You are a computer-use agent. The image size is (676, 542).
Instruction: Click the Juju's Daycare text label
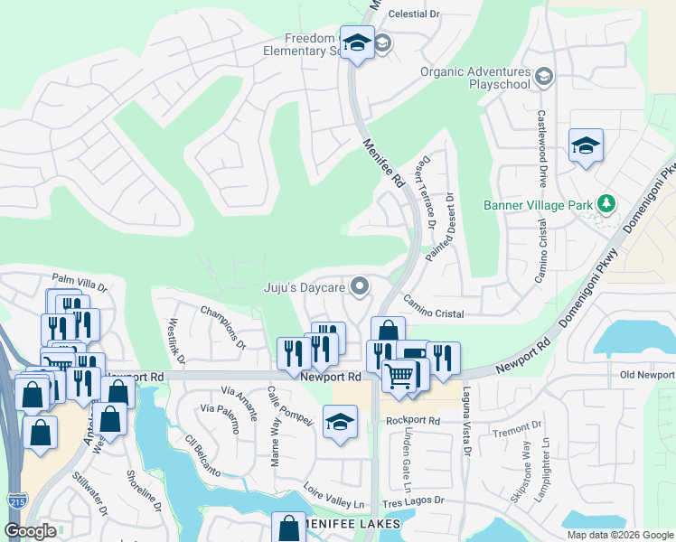[x=305, y=288]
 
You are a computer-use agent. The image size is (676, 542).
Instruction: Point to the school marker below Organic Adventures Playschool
[x=586, y=145]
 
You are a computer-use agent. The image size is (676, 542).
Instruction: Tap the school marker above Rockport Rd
[x=340, y=423]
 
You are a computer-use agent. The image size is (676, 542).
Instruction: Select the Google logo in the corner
[x=30, y=531]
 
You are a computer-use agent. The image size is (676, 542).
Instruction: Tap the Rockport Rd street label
[x=412, y=421]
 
